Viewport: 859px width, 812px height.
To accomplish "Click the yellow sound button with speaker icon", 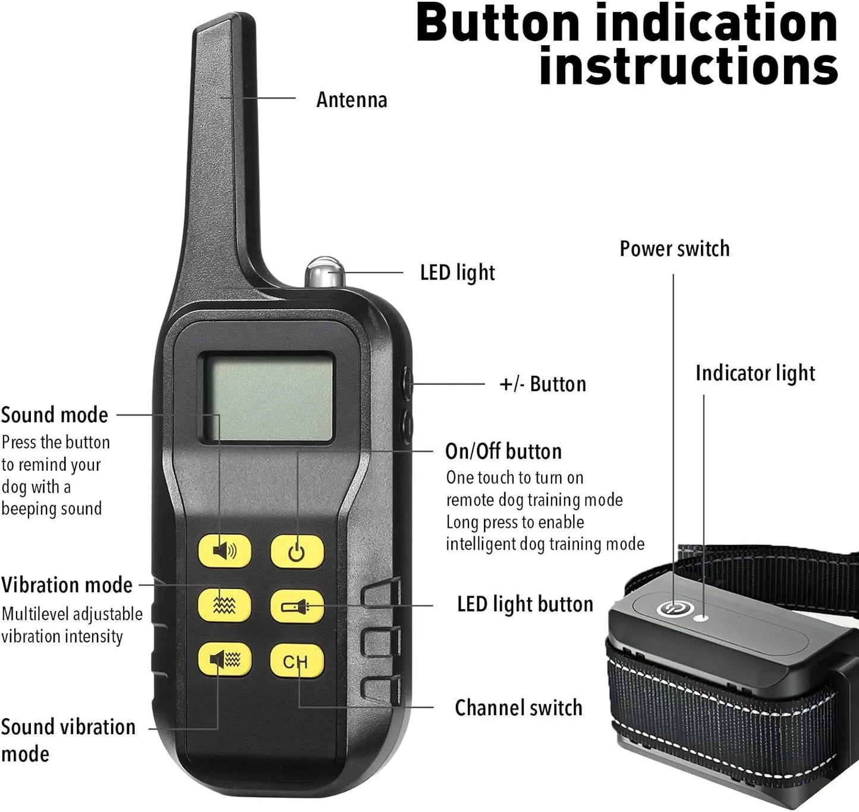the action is (x=225, y=550).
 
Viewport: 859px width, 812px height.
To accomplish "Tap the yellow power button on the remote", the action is (x=297, y=552).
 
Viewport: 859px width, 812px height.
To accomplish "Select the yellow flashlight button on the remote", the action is (x=297, y=606).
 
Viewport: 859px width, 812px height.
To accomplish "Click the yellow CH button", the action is (x=297, y=661).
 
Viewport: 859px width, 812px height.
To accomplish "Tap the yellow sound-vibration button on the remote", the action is (x=225, y=659).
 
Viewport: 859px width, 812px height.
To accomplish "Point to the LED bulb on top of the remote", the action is (x=325, y=272).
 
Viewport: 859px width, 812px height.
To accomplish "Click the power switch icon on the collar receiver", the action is (x=672, y=609).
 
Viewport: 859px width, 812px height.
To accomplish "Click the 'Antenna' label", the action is (x=352, y=100).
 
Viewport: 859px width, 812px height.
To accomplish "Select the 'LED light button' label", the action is (x=525, y=605).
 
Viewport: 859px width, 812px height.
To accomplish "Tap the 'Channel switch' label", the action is (x=518, y=707).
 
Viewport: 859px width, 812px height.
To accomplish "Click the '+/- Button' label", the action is (x=543, y=384).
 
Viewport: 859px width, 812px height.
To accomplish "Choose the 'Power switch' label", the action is (x=675, y=248).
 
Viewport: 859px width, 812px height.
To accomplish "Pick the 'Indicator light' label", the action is (x=756, y=373).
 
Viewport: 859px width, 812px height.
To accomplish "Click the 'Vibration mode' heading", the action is (x=67, y=585).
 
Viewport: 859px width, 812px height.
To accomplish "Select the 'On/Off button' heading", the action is (x=504, y=451).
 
